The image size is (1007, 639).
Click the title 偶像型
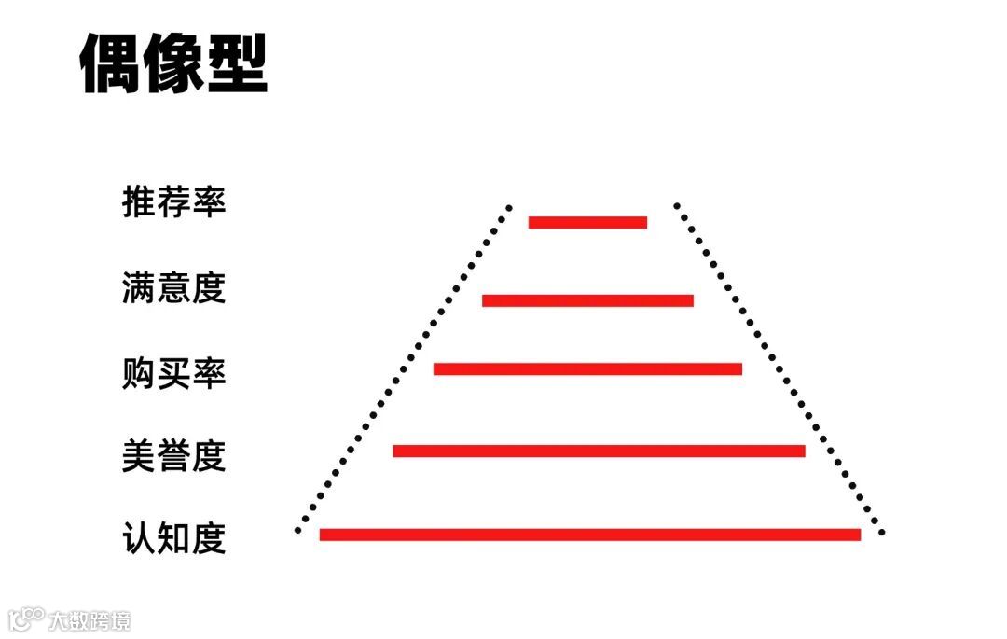pos(173,64)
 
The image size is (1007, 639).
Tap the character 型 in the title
pos(237,64)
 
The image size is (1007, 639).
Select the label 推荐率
pos(174,201)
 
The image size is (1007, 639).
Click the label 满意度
pos(174,288)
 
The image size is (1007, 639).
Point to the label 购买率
pos(174,372)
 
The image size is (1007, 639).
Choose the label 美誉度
pos(174,455)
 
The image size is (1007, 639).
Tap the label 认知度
pos(174,538)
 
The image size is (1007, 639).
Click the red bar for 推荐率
pos(587,222)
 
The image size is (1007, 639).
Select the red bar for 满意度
pos(587,300)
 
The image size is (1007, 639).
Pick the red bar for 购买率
pos(587,368)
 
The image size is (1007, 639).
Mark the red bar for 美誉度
pos(599,451)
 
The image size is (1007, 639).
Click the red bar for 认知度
pos(589,535)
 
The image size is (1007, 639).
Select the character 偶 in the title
pos(110,64)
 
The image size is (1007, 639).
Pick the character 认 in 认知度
pos(139,538)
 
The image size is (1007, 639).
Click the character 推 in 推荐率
pos(139,201)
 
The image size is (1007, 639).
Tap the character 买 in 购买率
pos(174,372)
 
